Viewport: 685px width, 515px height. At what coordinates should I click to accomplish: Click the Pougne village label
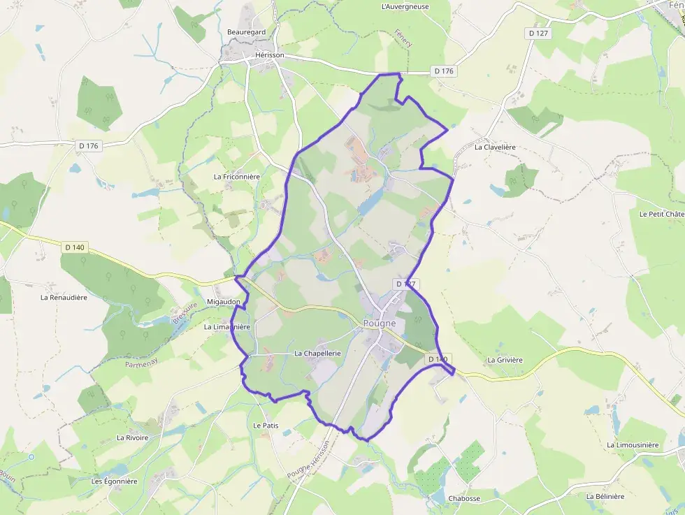click(380, 324)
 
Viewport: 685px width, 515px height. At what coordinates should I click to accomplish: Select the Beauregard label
click(246, 32)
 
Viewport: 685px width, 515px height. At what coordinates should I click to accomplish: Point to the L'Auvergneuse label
click(405, 7)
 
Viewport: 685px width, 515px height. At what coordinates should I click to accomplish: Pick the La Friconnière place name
click(236, 177)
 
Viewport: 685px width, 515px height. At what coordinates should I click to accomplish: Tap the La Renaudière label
click(64, 297)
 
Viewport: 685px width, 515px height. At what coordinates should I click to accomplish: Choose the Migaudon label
click(224, 302)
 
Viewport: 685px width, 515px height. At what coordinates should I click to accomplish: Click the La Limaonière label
click(226, 326)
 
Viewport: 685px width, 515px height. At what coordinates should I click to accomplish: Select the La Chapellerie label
click(317, 354)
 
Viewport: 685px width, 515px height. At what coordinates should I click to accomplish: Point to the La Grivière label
click(505, 360)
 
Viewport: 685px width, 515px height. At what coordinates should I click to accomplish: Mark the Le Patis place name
click(266, 425)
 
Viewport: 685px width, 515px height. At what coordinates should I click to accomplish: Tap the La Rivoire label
click(133, 437)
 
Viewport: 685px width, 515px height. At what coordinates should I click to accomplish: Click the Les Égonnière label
click(115, 481)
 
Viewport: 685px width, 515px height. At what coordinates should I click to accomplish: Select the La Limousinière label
click(633, 445)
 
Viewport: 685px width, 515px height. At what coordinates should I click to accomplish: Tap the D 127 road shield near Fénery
click(538, 33)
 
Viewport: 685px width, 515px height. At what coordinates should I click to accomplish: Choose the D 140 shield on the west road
click(74, 247)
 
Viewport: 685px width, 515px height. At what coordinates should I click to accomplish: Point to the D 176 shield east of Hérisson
click(444, 71)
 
